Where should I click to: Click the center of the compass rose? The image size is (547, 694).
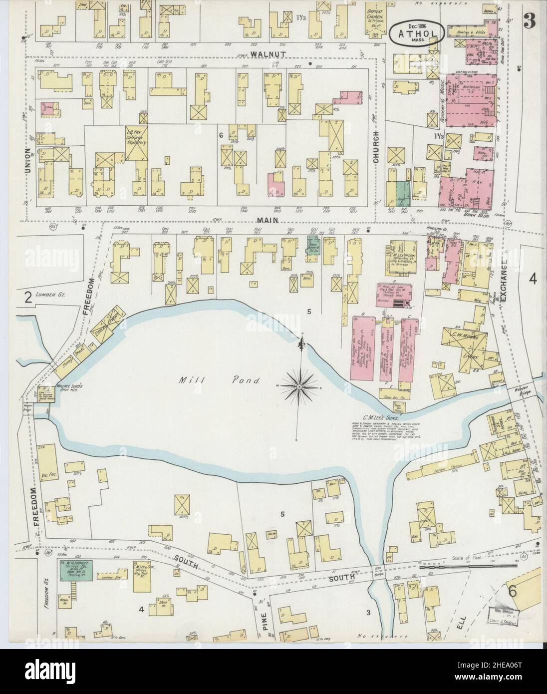[298, 386]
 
